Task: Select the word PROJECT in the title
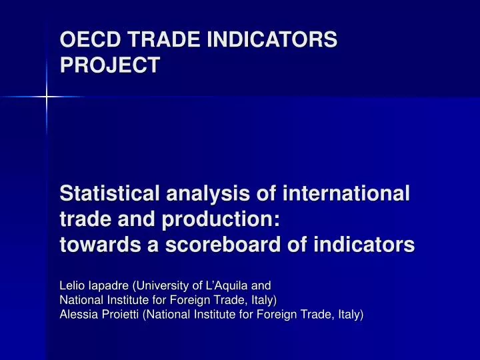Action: pyautogui.click(x=110, y=65)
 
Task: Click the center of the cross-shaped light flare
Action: pyautogui.click(x=46, y=97)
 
